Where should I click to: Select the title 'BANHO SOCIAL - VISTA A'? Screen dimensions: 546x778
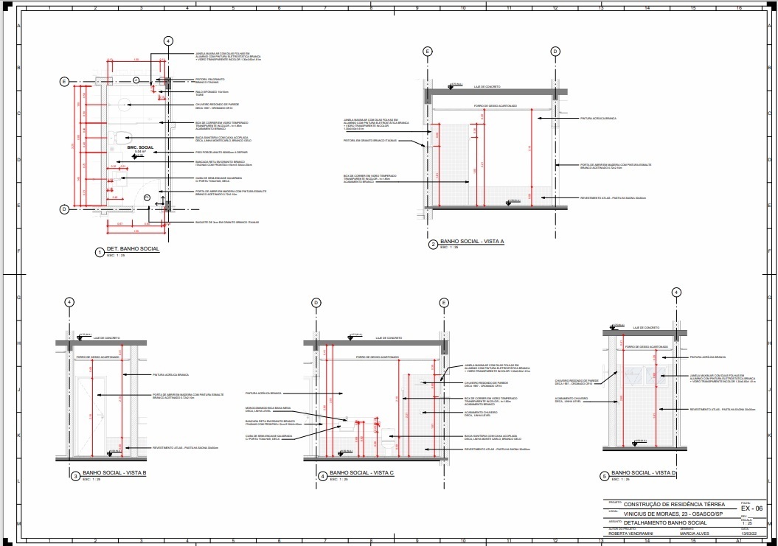(x=472, y=242)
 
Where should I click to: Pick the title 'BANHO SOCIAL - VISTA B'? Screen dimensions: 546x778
(x=115, y=473)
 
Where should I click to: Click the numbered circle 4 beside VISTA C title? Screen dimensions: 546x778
(x=323, y=476)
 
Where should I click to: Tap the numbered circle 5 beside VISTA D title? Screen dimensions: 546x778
(x=605, y=476)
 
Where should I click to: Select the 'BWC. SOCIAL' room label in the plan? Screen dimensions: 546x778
(x=140, y=148)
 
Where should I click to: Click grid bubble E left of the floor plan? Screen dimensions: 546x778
(x=64, y=81)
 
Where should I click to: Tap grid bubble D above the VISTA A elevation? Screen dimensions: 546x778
(x=556, y=51)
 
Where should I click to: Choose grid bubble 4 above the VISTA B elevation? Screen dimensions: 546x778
(x=69, y=302)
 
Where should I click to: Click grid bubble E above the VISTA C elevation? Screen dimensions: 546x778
(x=444, y=302)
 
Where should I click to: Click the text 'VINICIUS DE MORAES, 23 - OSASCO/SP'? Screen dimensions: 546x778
(x=673, y=514)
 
